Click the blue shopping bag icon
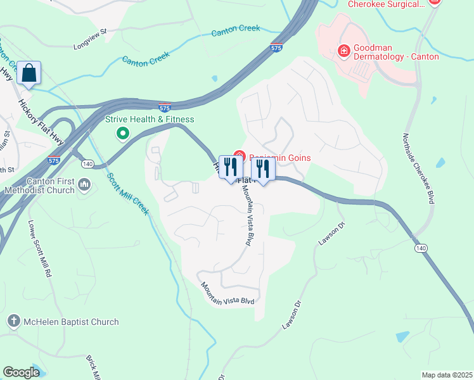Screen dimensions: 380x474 tap(29, 73)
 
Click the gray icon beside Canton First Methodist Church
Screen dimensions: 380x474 tap(85, 185)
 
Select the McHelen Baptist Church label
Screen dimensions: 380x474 tap(71, 322)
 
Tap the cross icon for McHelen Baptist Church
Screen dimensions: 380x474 tap(13, 322)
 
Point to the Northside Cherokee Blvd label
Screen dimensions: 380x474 tap(419, 168)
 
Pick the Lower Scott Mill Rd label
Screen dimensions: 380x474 tap(39, 249)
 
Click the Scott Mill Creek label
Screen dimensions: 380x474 tap(127, 194)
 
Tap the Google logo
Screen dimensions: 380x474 tap(21, 372)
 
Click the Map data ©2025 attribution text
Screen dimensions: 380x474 tap(447, 375)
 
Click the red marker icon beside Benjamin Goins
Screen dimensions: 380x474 tap(239, 156)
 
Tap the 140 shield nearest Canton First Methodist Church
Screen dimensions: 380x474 tap(87, 164)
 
